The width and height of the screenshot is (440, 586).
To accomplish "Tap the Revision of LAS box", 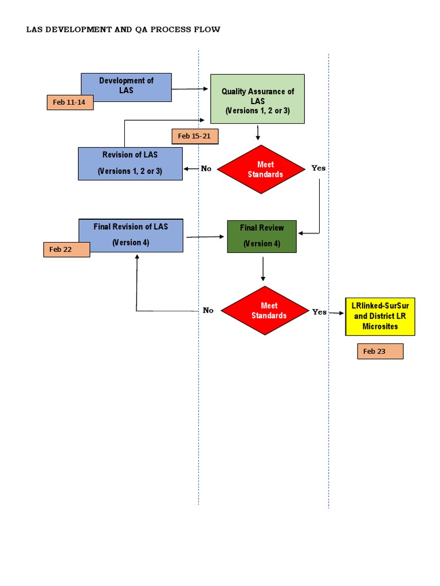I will point(130,163).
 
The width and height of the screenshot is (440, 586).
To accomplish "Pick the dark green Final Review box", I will point(262,236).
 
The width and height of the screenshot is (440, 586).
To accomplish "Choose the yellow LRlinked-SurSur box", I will point(380,316).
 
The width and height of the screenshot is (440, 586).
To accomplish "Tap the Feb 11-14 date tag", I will point(70,102).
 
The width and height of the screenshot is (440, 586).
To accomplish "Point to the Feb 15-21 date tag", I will point(195,136).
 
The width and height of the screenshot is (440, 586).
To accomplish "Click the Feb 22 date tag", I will point(66,250).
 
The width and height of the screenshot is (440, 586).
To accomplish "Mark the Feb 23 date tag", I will point(380,351).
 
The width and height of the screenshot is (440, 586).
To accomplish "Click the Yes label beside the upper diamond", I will point(318,168).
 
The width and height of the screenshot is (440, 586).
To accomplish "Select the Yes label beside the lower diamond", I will point(319,312).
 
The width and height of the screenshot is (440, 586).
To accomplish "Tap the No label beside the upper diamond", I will point(206,169).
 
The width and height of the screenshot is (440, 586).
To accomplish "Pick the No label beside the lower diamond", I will point(208,311).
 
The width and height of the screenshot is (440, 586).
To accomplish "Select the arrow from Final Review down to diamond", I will point(263,269).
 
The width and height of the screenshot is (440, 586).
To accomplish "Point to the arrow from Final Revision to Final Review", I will point(205,236).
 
